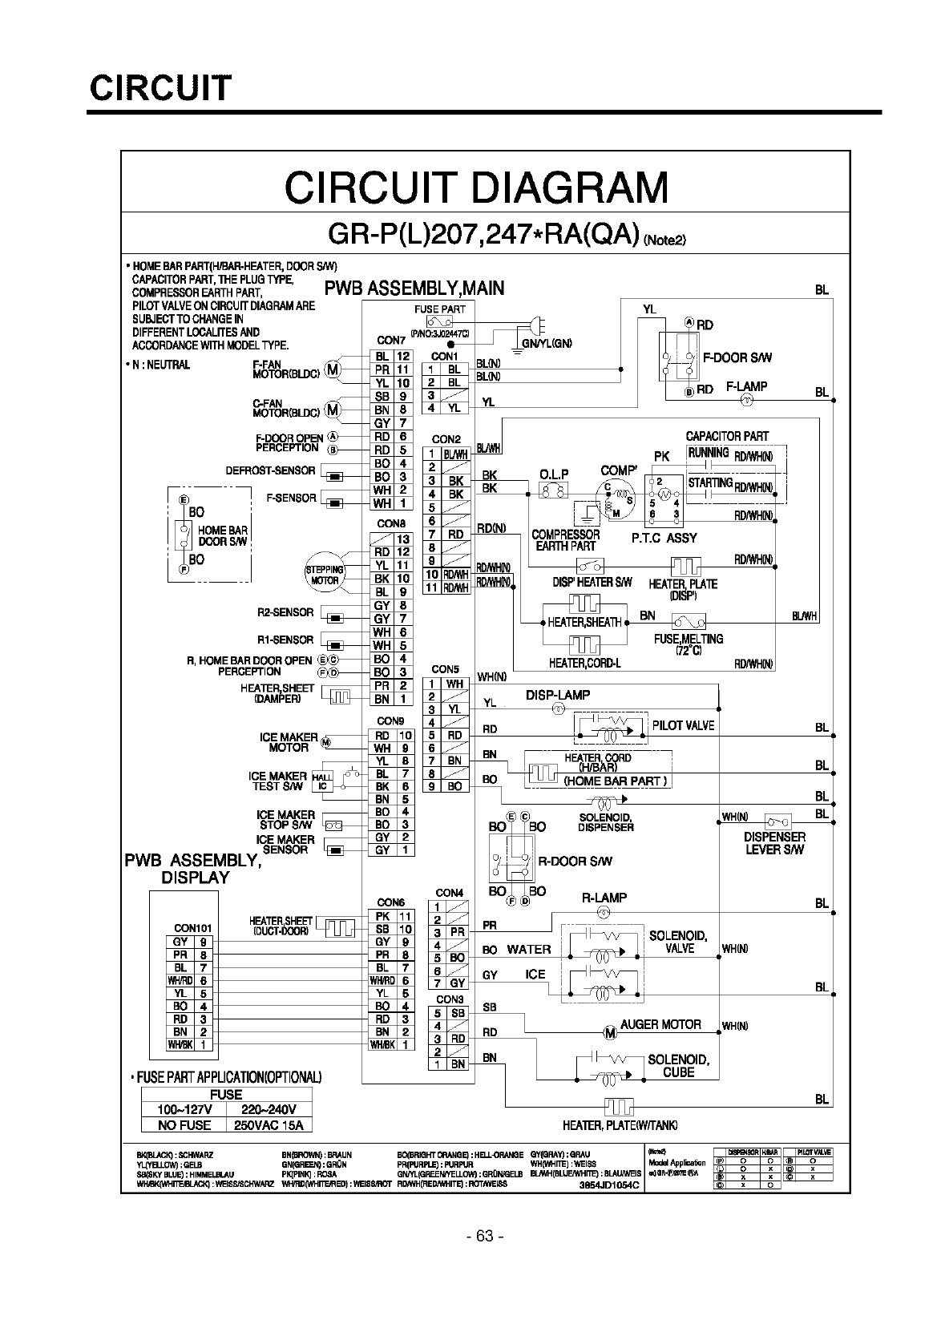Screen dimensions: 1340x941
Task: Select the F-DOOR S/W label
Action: [x=737, y=358]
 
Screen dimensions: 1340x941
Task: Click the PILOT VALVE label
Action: [x=683, y=725]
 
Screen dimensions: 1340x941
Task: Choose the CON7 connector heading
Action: [x=391, y=341]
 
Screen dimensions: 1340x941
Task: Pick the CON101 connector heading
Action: [x=192, y=928]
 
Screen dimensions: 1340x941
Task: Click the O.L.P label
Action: [x=554, y=474]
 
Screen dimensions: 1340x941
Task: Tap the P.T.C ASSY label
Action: [x=664, y=538]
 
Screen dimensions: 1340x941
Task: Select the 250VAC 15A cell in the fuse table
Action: [x=269, y=1125]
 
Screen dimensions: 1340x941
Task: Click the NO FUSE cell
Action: [x=184, y=1125]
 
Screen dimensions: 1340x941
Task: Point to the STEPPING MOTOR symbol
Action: [x=325, y=575]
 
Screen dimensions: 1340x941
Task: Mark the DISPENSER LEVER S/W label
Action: [x=774, y=843]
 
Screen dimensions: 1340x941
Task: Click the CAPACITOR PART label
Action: [x=727, y=437]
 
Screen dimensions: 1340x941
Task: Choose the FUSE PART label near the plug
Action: [x=439, y=309]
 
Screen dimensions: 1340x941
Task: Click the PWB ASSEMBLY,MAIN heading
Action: [x=414, y=288]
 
